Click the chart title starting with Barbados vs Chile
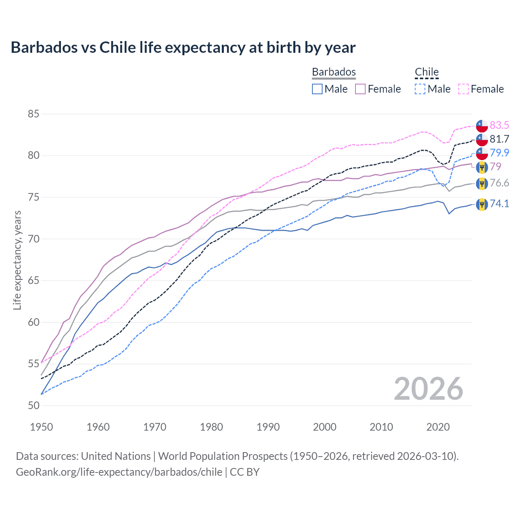[183, 48]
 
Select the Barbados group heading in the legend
[334, 72]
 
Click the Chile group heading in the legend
[427, 72]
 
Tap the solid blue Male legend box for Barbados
[317, 89]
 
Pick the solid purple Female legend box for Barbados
[360, 89]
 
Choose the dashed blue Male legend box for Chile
[420, 89]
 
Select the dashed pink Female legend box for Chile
[464, 89]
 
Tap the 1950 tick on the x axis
[41, 427]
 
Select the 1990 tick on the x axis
[268, 427]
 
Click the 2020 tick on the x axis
[438, 427]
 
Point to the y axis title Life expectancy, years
[17, 260]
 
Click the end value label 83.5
[499, 125]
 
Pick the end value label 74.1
[499, 204]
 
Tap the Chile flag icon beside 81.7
[482, 139]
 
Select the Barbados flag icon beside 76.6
[482, 183]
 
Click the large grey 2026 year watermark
[428, 389]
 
